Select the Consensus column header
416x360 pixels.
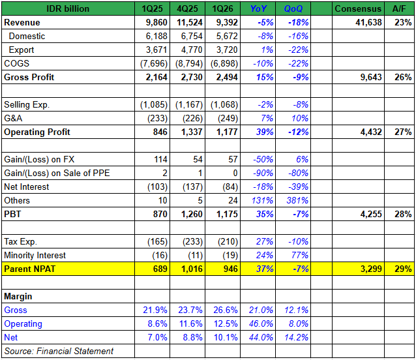pos(357,8)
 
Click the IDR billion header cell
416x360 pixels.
pos(68,8)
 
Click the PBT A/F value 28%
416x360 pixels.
pos(402,214)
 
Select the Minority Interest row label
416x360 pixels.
pos(35,255)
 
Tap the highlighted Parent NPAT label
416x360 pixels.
pos(29,269)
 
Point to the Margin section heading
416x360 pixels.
pos(19,296)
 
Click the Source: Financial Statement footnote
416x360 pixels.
pos(58,352)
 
